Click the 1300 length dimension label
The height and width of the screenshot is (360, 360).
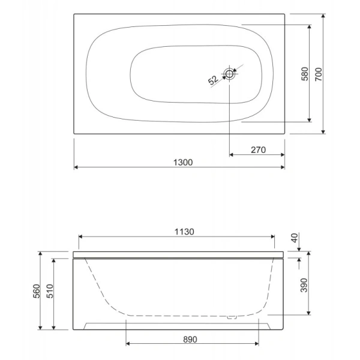[183, 163]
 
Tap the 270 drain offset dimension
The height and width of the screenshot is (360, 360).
[258, 150]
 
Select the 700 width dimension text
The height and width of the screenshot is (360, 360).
[319, 74]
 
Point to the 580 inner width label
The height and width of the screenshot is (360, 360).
[305, 74]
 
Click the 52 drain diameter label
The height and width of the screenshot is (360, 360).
[213, 80]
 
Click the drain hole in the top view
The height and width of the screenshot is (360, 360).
[229, 74]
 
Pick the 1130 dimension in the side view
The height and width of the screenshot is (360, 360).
[184, 232]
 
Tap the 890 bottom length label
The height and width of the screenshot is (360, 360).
[190, 340]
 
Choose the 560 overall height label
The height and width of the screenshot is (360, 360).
[37, 291]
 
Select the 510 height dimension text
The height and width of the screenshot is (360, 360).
[50, 291]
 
